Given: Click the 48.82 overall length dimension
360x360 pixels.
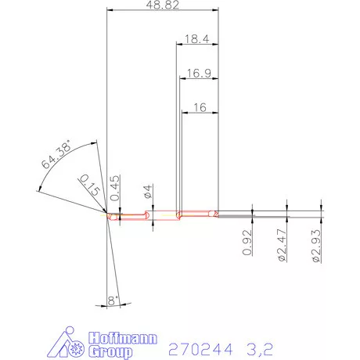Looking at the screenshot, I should [164, 5].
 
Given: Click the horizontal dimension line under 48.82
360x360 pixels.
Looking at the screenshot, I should [164, 10].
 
